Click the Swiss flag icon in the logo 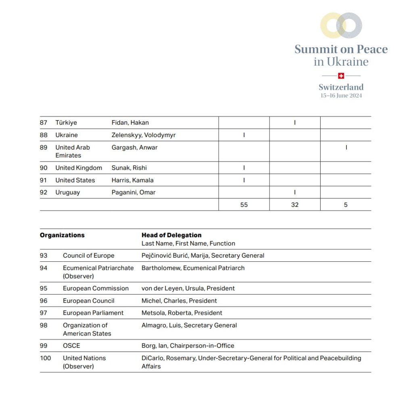pos(341,75)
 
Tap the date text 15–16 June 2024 pos(341,96)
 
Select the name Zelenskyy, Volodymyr pos(143,135)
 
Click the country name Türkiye pos(66,123)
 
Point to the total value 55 pos(244,205)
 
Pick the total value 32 pos(295,205)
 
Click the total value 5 pos(346,205)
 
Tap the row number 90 pos(44,168)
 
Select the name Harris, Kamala pos(132,180)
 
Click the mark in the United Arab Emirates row pos(346,148)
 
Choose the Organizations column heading pos(62,235)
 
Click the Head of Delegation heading pos(171,235)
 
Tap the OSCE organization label pos(71,346)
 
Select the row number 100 pos(46,358)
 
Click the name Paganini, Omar pos(133,192)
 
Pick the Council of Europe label pos(88,256)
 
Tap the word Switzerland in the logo pos(341,87)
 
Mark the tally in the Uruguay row pos(295,192)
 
